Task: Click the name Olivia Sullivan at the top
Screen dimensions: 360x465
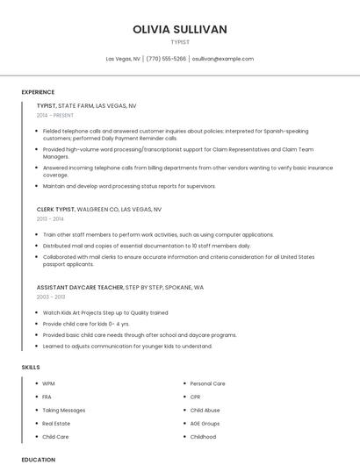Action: pos(180,29)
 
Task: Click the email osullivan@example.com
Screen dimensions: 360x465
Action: pos(223,59)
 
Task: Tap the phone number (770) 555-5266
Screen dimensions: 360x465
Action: pos(166,59)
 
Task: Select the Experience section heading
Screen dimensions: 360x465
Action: pos(38,92)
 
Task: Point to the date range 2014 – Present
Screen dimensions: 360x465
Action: pos(55,115)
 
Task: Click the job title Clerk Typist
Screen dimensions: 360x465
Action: pos(55,210)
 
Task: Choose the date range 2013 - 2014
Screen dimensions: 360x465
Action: pos(49,219)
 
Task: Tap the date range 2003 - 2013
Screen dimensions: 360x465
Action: pos(50,297)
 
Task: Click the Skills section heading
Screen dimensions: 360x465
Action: pos(31,366)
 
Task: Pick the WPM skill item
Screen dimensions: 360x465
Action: pos(48,383)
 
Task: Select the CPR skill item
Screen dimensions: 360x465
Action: pos(196,397)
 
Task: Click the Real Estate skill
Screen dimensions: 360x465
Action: pos(56,423)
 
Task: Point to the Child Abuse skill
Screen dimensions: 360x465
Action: pos(205,410)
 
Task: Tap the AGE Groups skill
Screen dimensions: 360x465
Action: pos(205,423)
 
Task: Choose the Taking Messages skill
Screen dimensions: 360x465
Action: pos(64,410)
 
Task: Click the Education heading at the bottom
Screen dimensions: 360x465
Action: pos(38,459)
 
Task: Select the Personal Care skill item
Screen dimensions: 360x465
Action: pos(208,383)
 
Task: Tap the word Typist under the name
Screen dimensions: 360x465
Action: pos(180,41)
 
